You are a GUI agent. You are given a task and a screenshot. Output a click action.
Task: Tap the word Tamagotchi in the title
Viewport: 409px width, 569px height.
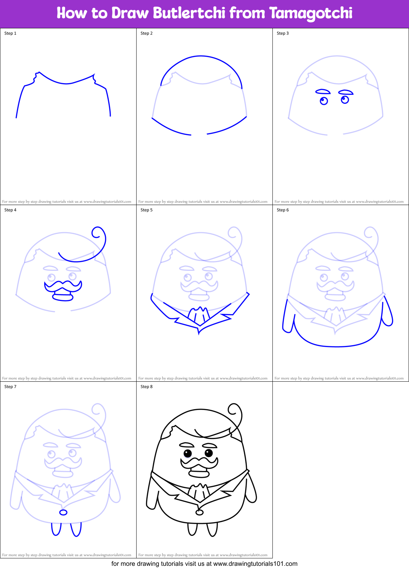click(311, 13)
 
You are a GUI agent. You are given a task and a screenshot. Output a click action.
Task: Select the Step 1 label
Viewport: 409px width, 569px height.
click(10, 33)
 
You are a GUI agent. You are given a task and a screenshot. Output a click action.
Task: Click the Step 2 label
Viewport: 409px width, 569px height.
click(146, 33)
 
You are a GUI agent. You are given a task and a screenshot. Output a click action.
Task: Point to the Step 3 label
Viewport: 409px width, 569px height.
click(283, 33)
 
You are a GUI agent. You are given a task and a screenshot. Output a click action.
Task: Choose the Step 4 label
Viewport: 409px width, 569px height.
click(10, 210)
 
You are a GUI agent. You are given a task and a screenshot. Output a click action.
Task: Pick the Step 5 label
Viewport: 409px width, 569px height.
click(146, 210)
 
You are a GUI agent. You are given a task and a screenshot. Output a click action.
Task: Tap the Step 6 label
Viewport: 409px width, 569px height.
click(283, 210)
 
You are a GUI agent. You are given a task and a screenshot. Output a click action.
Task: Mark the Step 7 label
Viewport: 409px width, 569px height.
click(10, 387)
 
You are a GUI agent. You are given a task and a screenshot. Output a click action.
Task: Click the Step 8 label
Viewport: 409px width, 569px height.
click(146, 387)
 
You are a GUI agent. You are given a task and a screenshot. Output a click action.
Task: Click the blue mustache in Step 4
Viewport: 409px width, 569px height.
click(63, 285)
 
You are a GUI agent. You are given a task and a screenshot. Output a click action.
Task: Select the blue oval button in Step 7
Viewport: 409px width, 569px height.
click(63, 512)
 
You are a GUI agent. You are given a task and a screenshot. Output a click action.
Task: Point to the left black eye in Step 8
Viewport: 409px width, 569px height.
click(188, 453)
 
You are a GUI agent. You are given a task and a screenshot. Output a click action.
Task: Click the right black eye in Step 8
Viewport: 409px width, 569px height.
click(209, 453)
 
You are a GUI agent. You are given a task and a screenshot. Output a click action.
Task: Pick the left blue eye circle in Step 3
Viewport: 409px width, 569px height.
click(324, 101)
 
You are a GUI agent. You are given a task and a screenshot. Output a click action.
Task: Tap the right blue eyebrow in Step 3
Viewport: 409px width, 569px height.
click(346, 92)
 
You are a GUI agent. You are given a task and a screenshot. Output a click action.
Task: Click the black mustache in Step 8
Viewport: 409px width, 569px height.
click(200, 462)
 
